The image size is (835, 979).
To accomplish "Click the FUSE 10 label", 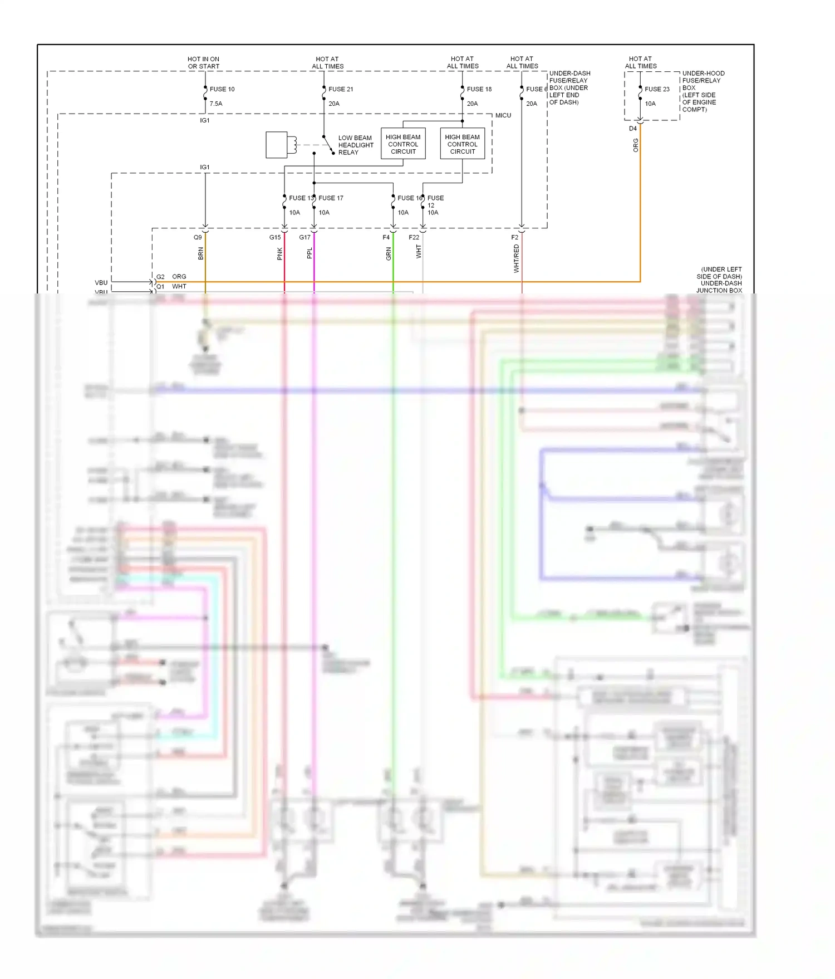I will click(x=222, y=89).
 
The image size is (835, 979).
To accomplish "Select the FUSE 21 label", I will click(x=341, y=89).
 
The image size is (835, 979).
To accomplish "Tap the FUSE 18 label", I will click(x=479, y=89).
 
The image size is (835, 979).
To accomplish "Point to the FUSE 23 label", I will click(x=657, y=89).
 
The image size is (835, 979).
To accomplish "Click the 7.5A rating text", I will click(x=216, y=104).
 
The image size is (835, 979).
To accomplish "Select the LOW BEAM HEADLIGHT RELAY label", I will click(x=356, y=145).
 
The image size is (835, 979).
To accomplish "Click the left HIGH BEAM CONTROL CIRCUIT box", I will click(x=403, y=144).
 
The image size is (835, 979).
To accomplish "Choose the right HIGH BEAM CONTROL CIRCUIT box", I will click(x=463, y=144).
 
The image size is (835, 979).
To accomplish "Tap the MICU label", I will click(x=503, y=115).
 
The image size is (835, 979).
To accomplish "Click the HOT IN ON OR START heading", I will click(x=204, y=62).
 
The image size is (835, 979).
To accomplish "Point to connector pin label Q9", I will click(x=198, y=237).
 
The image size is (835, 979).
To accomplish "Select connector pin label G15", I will click(x=275, y=237).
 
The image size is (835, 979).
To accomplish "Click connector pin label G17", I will click(x=304, y=237).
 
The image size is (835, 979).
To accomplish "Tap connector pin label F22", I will click(x=414, y=237).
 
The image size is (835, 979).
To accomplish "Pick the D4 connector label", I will click(x=633, y=129).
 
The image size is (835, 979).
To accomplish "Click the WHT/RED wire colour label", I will click(x=517, y=258).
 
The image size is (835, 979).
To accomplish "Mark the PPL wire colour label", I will click(x=310, y=253).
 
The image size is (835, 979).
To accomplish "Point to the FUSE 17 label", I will click(x=331, y=198).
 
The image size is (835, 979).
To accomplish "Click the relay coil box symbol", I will click(x=277, y=145).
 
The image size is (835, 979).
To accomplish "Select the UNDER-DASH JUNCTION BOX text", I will click(x=719, y=287).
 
